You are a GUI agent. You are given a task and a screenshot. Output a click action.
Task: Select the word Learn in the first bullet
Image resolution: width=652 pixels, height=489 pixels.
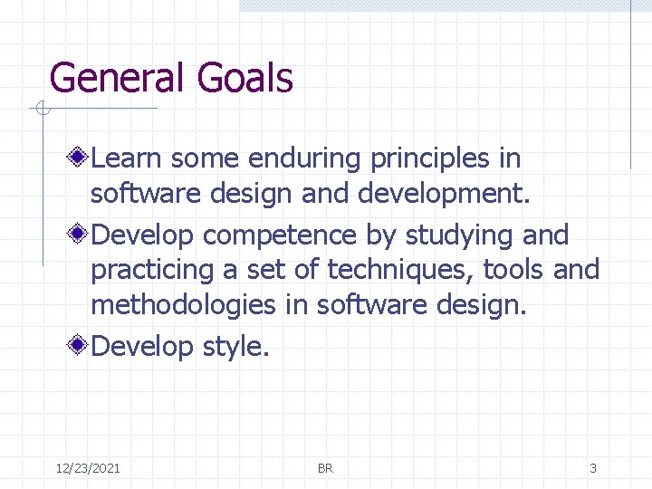click(x=127, y=158)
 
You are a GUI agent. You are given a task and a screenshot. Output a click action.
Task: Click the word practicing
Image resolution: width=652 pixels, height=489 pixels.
click(x=153, y=271)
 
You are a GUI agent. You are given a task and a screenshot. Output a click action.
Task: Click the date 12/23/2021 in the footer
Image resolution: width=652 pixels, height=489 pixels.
click(x=88, y=468)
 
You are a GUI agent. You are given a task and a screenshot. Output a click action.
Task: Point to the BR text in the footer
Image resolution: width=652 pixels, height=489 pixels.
click(x=325, y=468)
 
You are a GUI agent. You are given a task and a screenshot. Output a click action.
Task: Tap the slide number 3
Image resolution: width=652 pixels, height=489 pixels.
click(x=593, y=468)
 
